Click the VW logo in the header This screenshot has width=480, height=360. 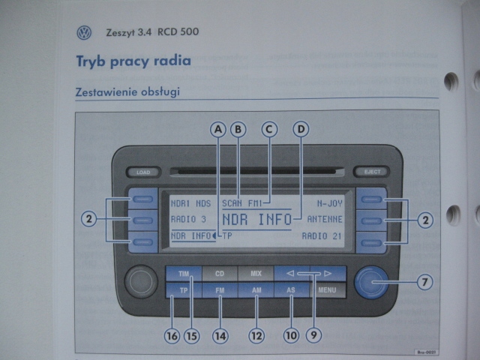click(84, 33)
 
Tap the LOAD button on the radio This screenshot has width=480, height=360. click(143, 172)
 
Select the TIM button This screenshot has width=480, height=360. click(184, 274)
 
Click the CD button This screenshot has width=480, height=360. click(219, 274)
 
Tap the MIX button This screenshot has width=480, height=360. click(255, 274)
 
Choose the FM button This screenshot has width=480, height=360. click(220, 289)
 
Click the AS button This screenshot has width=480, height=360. click(291, 289)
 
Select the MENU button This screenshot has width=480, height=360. click(327, 289)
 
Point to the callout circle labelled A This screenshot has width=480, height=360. click(218, 129)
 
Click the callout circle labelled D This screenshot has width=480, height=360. click(301, 129)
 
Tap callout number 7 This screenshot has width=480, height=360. click(424, 283)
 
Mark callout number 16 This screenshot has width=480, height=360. click(172, 336)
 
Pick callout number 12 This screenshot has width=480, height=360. click(256, 336)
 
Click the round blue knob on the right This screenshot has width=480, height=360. click(372, 282)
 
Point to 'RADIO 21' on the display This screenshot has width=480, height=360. click(322, 236)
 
